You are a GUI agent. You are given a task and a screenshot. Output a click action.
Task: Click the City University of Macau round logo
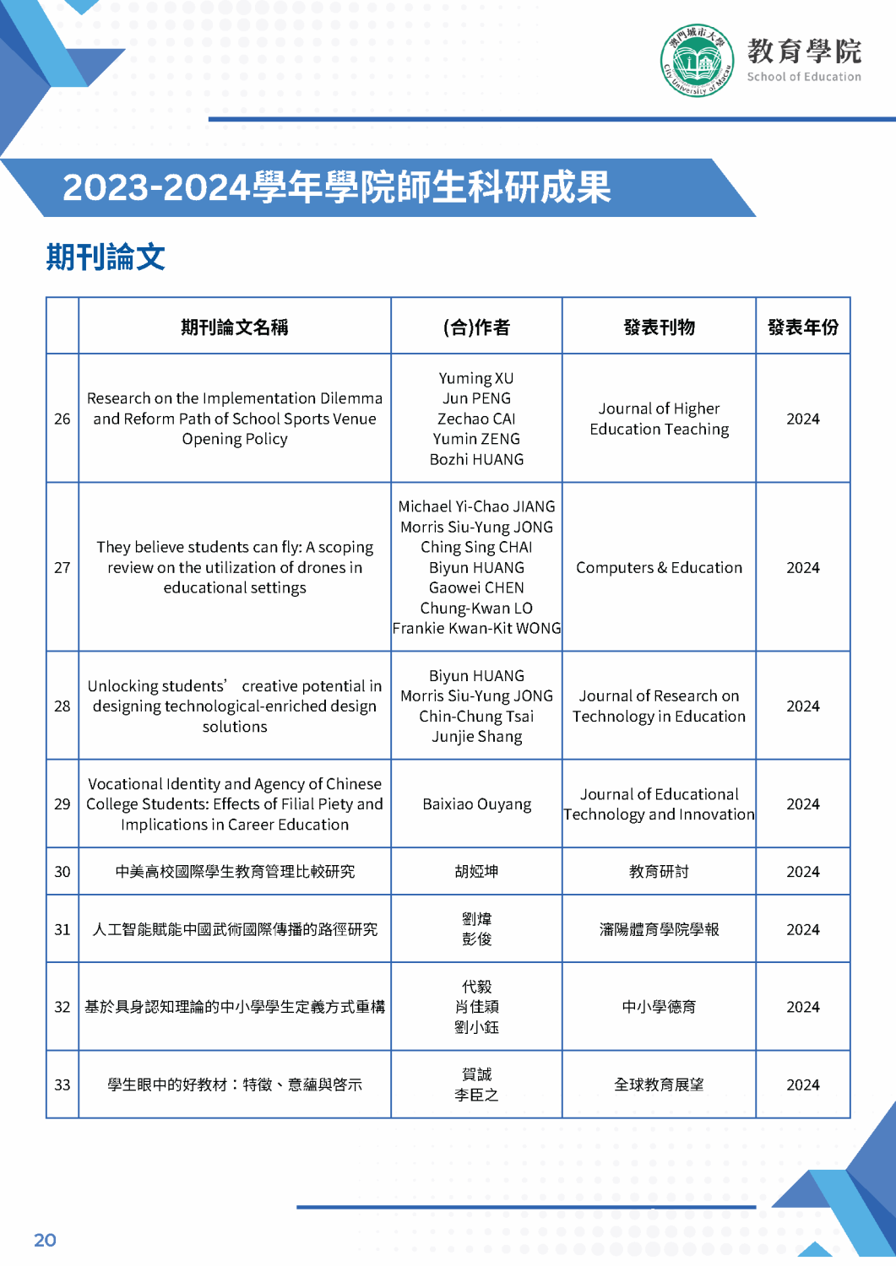(x=697, y=61)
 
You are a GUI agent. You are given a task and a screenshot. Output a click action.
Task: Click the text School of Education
(x=803, y=77)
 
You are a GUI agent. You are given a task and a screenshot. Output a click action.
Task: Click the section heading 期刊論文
(x=106, y=257)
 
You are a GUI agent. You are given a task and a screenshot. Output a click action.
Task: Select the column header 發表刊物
(x=659, y=327)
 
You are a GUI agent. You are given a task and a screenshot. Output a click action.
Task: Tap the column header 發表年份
(x=802, y=327)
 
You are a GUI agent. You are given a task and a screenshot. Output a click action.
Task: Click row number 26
(x=62, y=419)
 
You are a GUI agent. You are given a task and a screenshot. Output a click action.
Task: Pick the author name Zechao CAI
(x=476, y=419)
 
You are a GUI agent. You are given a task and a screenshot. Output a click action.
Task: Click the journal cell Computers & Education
(x=659, y=568)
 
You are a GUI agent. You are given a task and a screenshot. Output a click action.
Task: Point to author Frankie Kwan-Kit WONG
(x=476, y=629)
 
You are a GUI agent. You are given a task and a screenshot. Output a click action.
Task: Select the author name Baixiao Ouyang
(x=476, y=804)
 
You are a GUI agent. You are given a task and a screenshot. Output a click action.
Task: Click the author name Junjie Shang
(x=476, y=737)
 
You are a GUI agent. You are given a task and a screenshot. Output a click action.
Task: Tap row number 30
(x=62, y=872)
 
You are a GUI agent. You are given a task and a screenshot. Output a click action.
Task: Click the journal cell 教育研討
(x=659, y=872)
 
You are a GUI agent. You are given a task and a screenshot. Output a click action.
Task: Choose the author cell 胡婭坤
(x=476, y=872)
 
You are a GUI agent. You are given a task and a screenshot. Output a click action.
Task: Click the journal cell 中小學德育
(x=659, y=1007)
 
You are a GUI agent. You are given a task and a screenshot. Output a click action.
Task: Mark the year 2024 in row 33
(x=802, y=1085)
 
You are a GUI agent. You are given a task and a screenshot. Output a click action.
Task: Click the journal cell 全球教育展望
(x=659, y=1085)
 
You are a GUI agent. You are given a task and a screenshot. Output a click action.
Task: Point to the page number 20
(x=45, y=1240)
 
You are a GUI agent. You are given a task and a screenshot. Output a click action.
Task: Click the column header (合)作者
(x=476, y=327)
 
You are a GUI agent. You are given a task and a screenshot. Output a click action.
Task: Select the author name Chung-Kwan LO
(x=476, y=609)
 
